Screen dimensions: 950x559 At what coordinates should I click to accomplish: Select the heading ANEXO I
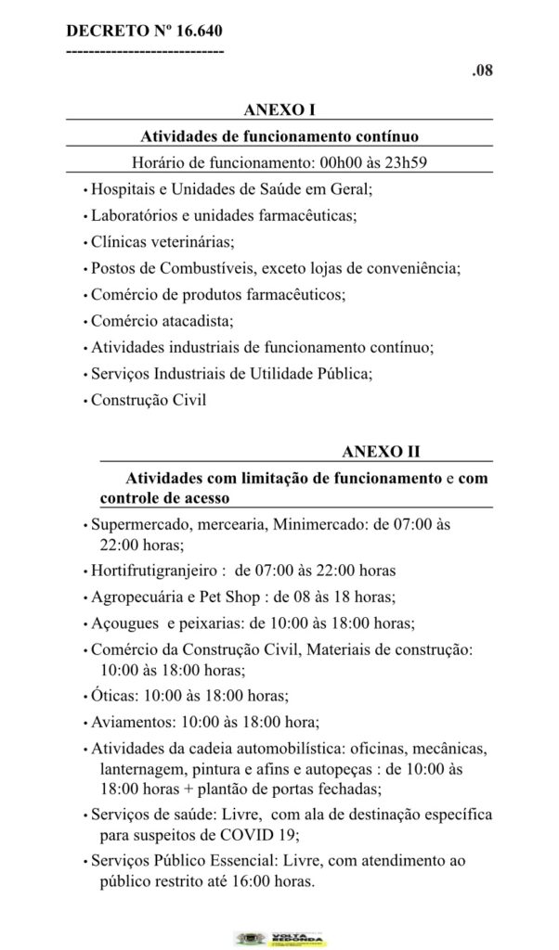(279, 111)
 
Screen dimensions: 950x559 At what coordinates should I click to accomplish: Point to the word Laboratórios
(134, 215)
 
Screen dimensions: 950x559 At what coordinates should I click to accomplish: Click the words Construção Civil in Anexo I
(148, 402)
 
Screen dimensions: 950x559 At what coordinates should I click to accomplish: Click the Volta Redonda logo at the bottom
(279, 937)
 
